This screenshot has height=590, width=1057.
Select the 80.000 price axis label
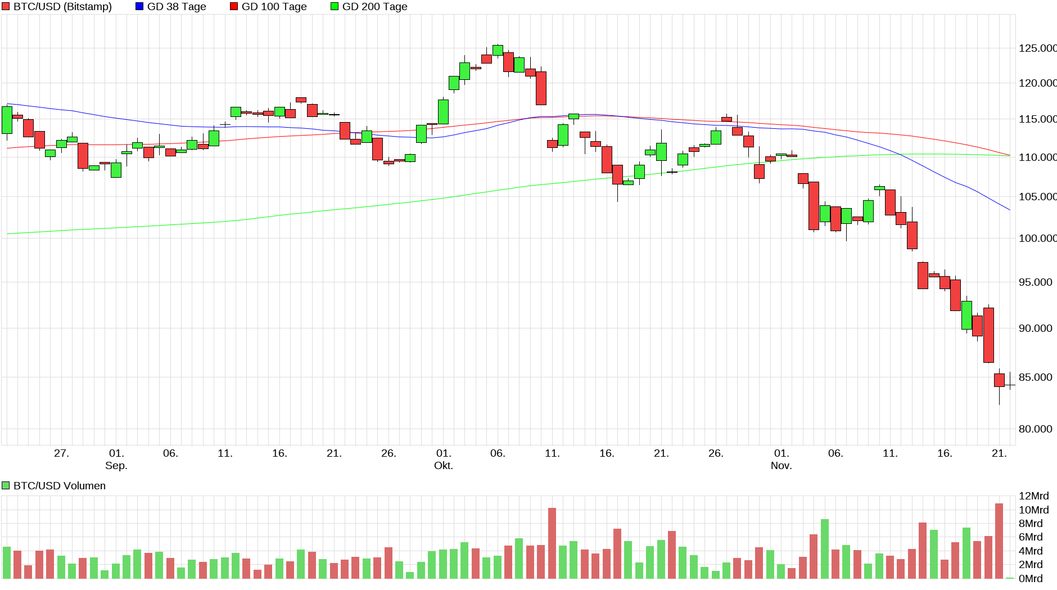[x=1035, y=429]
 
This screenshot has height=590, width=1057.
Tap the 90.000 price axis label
[x=1035, y=328]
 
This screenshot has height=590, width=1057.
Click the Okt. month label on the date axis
[x=444, y=466]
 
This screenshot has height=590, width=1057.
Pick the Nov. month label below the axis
[x=781, y=466]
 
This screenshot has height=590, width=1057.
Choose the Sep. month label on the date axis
[x=116, y=466]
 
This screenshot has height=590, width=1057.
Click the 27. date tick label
[x=61, y=453]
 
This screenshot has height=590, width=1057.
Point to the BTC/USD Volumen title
[x=59, y=486]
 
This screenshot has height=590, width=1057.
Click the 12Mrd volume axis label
[x=1033, y=496]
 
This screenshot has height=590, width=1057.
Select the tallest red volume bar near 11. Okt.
[x=552, y=543]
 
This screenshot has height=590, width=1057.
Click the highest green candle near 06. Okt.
[x=498, y=50]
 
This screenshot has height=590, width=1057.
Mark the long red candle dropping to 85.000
[x=988, y=335]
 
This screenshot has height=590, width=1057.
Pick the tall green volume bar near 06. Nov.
[x=825, y=549]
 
